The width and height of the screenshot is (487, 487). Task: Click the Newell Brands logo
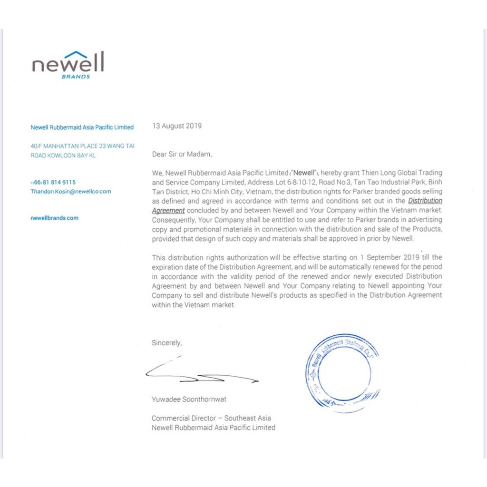tap(68, 64)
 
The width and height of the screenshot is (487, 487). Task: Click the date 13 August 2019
tap(176, 126)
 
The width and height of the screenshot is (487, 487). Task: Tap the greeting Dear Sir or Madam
tap(182, 154)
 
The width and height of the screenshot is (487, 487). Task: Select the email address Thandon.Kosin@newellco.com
tap(71, 192)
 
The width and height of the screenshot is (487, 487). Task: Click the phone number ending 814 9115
tap(53, 182)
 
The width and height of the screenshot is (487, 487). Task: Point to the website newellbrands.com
tap(54, 218)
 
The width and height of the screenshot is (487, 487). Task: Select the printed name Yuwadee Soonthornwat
tap(189, 399)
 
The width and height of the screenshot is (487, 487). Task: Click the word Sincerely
tap(166, 342)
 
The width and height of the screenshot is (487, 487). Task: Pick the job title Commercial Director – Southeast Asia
tap(211, 418)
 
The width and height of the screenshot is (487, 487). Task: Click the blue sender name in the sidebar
tap(82, 127)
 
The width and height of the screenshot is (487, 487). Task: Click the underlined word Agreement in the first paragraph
tap(168, 210)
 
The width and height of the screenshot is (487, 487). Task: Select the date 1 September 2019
tap(388, 257)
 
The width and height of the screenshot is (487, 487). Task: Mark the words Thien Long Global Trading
tap(401, 173)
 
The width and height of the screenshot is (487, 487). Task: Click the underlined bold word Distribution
tap(425, 201)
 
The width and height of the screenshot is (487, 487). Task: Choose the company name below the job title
tap(213, 428)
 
